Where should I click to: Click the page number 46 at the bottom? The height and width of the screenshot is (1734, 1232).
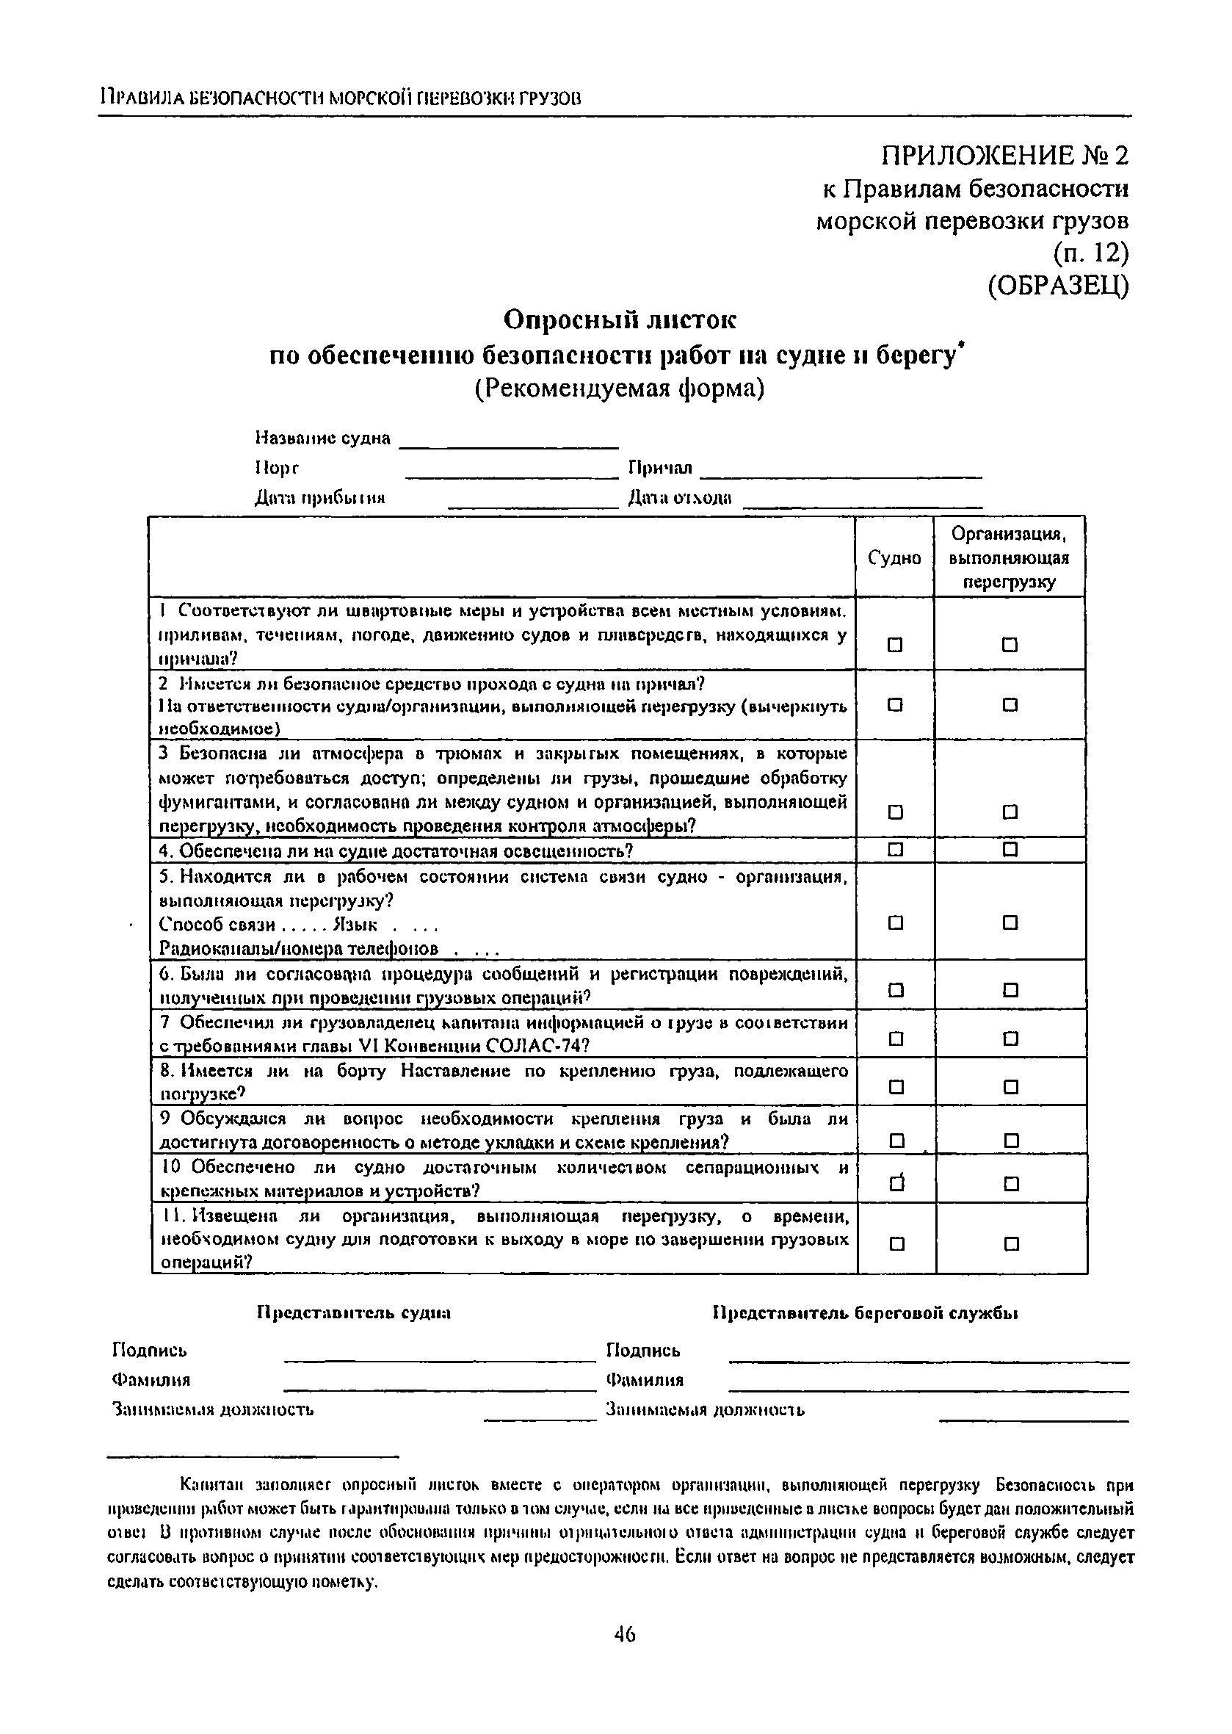[624, 1634]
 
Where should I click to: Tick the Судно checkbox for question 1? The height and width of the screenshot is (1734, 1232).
[895, 645]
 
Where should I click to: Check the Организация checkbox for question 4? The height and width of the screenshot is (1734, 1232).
[1010, 848]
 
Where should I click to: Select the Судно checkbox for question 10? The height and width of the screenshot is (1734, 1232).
[896, 1184]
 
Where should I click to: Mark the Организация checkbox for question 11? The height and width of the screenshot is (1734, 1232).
[1011, 1244]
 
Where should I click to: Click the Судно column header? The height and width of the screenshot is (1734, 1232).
[894, 557]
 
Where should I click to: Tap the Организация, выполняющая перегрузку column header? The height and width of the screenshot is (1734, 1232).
[1009, 557]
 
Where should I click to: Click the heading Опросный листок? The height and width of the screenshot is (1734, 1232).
[620, 320]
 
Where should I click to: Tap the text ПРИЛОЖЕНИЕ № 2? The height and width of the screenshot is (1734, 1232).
[1004, 156]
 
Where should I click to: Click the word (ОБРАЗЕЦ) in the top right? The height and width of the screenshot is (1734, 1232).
[1058, 286]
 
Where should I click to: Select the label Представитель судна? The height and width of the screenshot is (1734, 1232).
[355, 1312]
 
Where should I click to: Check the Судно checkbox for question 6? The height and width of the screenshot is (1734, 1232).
[896, 990]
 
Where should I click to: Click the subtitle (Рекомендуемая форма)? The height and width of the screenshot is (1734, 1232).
[620, 389]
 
